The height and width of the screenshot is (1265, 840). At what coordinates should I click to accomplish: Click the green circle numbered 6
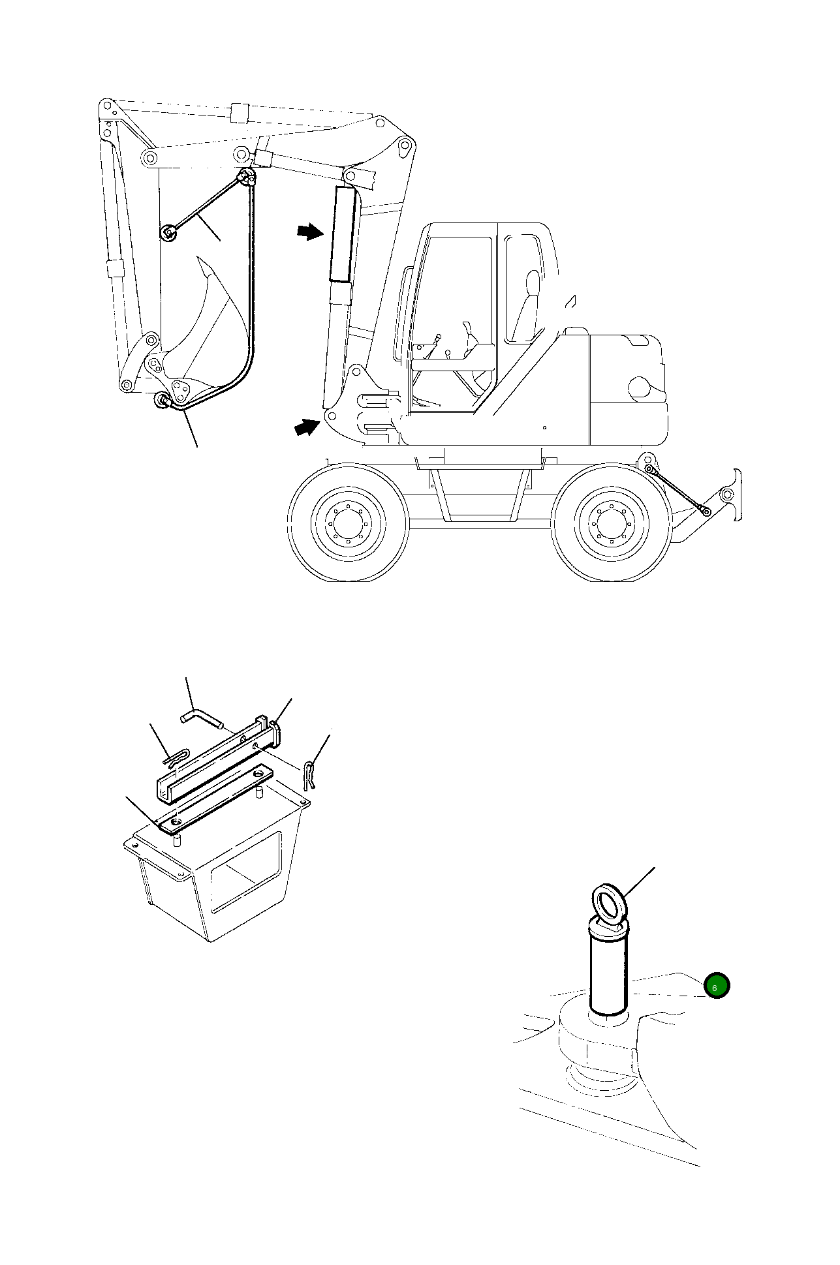pyautogui.click(x=716, y=987)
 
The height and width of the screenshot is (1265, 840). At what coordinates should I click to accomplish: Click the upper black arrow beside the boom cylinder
pyautogui.click(x=309, y=232)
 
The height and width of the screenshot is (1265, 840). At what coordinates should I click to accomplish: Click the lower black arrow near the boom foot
pyautogui.click(x=307, y=428)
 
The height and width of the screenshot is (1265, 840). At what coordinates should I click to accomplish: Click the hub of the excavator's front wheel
pyautogui.click(x=348, y=524)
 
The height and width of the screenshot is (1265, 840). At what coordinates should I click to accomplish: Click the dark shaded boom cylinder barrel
pyautogui.click(x=342, y=234)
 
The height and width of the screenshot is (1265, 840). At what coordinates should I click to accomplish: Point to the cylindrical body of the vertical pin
pyautogui.click(x=608, y=970)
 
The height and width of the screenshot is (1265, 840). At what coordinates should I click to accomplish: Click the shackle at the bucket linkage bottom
pyautogui.click(x=161, y=401)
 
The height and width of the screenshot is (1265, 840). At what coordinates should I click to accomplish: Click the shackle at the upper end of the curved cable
pyautogui.click(x=247, y=177)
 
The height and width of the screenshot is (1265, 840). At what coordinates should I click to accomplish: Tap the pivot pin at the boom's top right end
pyautogui.click(x=405, y=147)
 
